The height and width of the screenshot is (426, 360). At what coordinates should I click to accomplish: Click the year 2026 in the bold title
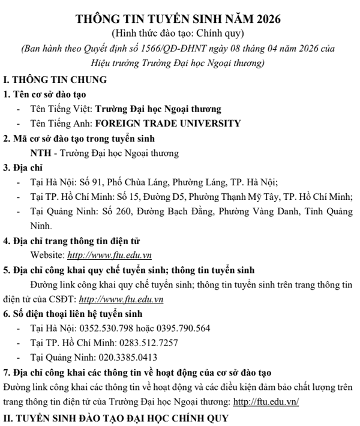pyautogui.click(x=264, y=19)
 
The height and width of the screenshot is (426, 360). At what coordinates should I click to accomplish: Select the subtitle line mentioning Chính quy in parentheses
pyautogui.click(x=180, y=34)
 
